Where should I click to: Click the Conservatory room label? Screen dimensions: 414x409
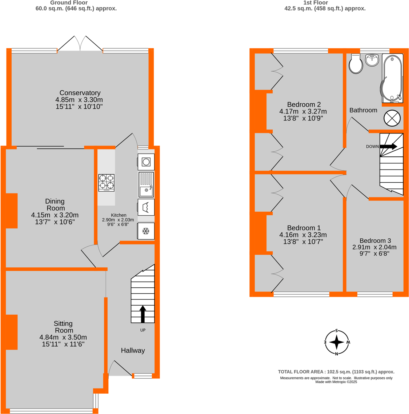point(80,93)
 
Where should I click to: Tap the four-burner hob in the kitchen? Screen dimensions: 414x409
point(106,183)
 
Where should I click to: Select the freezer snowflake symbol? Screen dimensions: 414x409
point(146,231)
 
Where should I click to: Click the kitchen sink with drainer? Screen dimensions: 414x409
point(146,185)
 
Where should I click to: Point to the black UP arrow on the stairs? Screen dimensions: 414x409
point(143,314)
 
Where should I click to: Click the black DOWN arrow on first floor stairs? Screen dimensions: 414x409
point(389,146)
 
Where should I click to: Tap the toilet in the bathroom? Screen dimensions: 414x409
point(356,64)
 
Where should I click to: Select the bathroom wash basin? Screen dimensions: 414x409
point(372,60)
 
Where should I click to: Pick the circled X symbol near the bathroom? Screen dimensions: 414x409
point(392,118)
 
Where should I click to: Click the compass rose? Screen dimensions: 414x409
point(337,342)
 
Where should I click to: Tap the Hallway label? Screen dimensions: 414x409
point(133,350)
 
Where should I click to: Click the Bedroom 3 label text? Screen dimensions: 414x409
point(375,240)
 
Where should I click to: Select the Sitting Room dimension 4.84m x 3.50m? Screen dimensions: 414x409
point(63,337)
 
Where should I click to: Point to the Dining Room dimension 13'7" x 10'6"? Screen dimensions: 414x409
point(55,222)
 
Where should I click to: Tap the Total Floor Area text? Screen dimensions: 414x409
point(336,372)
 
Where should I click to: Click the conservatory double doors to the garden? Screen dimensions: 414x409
point(80,44)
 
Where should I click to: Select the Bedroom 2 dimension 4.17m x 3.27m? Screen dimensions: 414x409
point(303,111)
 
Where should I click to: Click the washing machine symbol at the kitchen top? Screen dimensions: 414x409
point(146,162)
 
